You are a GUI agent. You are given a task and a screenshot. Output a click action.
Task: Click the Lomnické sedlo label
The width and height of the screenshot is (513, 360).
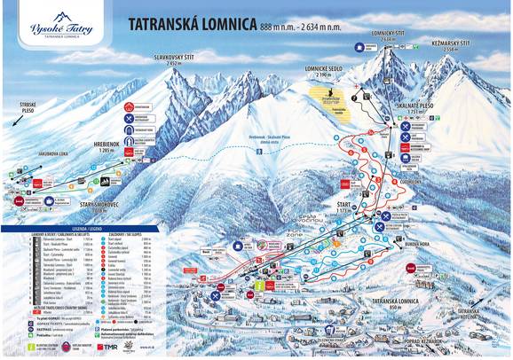pyautogui.click(x=324, y=74)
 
